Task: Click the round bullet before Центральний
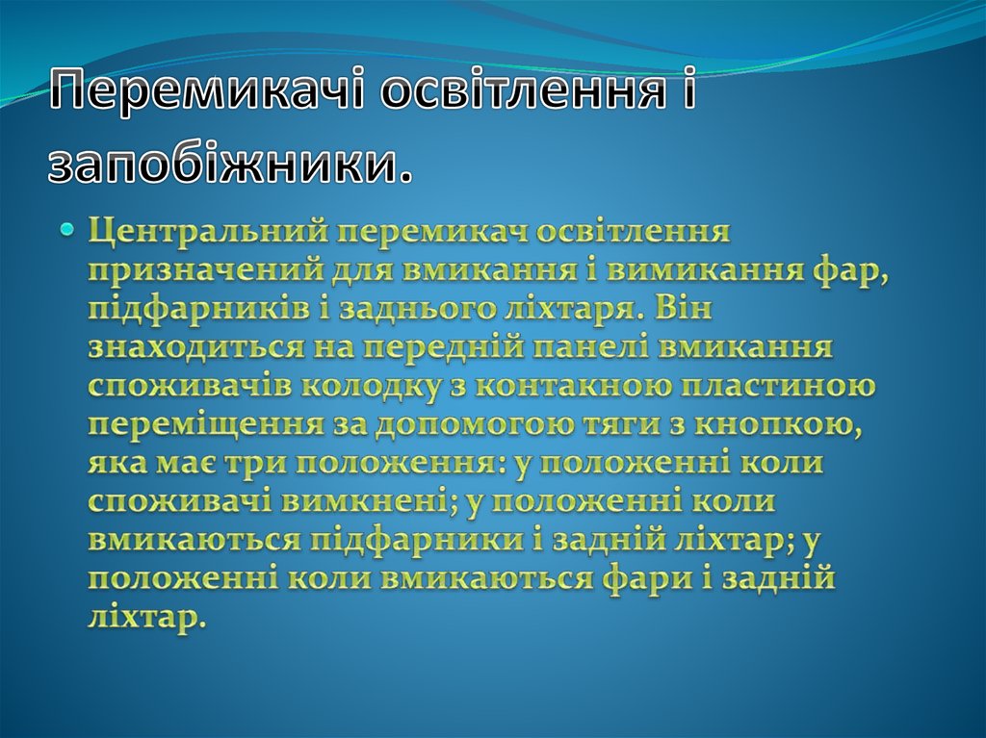coord(67,230)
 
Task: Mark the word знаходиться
coord(193,347)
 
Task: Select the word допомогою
coord(467,424)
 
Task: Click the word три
coord(254,463)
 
